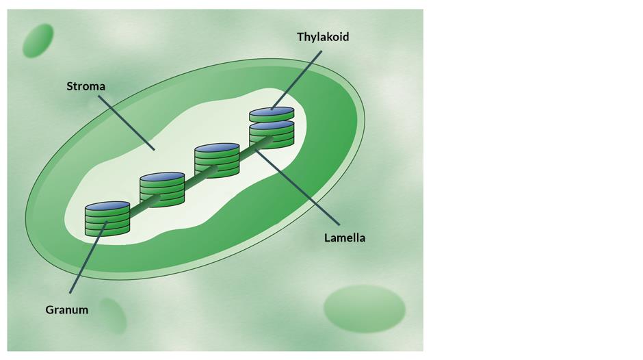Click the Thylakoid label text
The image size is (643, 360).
[322, 37]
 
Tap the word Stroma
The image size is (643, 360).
[86, 86]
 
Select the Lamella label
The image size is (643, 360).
[344, 238]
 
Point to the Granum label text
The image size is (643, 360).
[66, 310]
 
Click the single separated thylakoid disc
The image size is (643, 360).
[272, 113]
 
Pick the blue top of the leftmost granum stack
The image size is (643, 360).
[107, 205]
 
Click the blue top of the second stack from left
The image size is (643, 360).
[162, 177]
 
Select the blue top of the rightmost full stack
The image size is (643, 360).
[272, 125]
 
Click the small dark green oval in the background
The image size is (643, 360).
[38, 40]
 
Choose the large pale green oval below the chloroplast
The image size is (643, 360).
[364, 309]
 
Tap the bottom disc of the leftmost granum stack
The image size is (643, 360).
[107, 231]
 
